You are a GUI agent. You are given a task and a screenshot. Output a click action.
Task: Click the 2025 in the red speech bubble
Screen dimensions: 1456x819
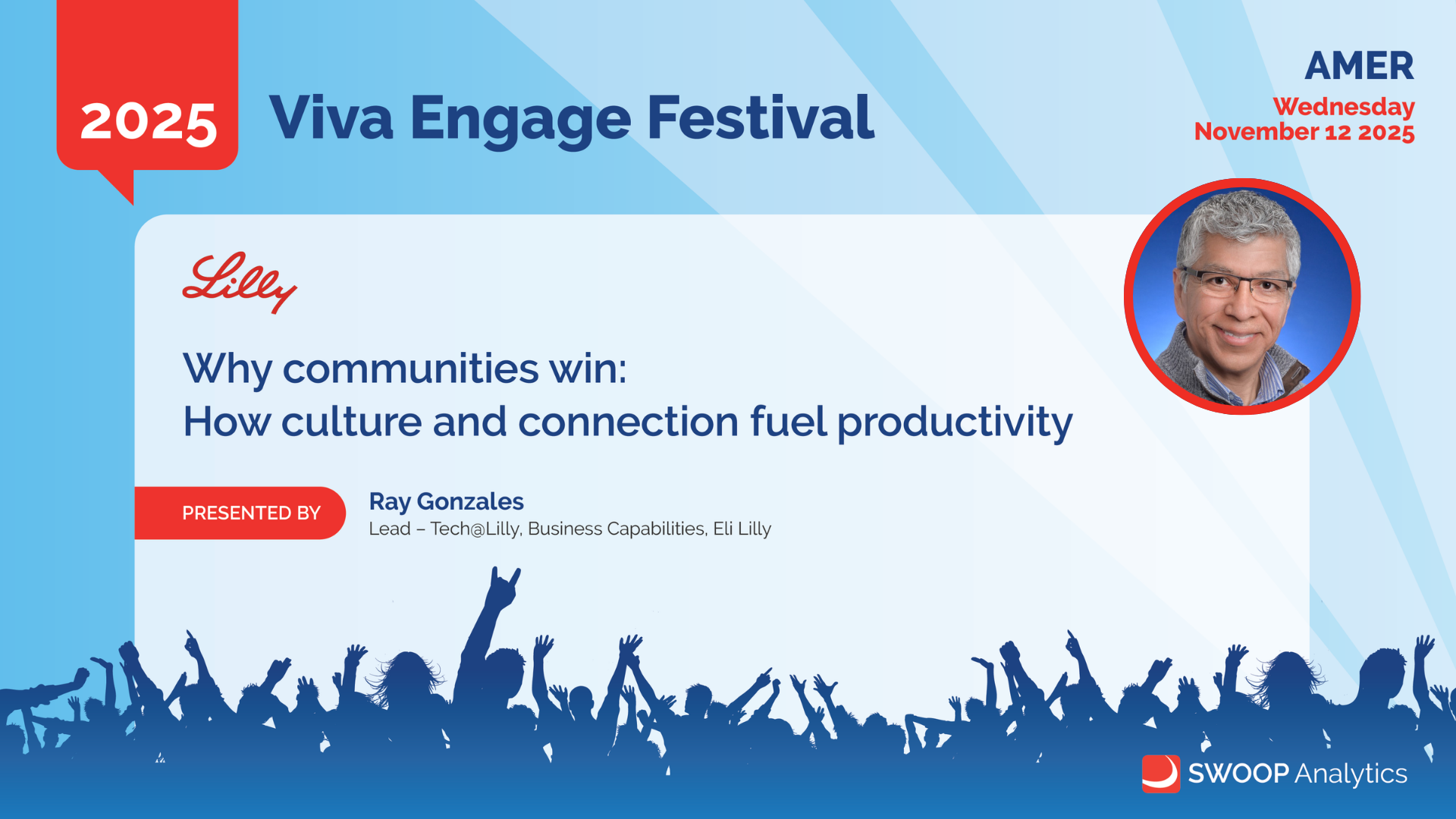(x=149, y=121)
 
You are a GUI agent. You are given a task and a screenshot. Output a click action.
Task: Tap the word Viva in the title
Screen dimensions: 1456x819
(x=331, y=118)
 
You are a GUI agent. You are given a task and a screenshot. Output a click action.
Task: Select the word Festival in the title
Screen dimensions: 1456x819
(x=761, y=118)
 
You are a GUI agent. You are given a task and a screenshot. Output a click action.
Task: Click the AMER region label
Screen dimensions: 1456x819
(x=1359, y=66)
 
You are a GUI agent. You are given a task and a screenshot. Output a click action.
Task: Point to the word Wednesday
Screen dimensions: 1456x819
(x=1344, y=108)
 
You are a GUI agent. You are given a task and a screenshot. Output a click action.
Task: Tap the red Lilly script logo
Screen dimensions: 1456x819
(x=240, y=283)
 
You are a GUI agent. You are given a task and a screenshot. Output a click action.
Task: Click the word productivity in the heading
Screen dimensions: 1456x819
(x=955, y=422)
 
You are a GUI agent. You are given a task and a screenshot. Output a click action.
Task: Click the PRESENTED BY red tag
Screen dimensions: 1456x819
(x=240, y=513)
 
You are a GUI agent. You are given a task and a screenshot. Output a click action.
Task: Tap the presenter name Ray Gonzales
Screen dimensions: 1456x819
(x=446, y=501)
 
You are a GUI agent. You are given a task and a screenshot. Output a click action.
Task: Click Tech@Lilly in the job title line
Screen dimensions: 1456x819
(x=475, y=529)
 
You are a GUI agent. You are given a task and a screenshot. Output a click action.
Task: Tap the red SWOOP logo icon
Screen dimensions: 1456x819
(x=1161, y=773)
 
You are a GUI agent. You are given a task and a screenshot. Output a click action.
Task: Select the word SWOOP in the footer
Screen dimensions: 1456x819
(x=1238, y=773)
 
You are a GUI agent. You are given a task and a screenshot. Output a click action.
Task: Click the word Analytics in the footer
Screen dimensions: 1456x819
(x=1351, y=774)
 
